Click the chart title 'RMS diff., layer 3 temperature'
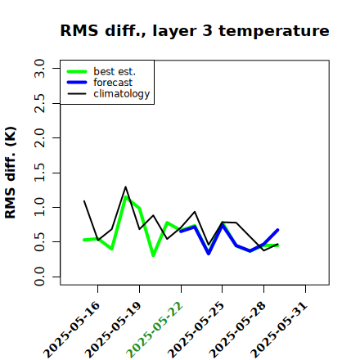195,30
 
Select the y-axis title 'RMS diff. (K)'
11,173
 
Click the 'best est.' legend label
115,71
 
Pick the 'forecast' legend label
113,83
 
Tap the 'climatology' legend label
122,94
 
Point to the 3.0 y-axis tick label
39,68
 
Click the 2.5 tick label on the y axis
39,103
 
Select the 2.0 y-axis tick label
39,137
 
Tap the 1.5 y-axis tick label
39,173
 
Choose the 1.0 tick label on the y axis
39,207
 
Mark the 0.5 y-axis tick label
39,242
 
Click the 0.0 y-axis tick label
39,277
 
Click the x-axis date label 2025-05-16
71,330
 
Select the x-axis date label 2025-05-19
113,330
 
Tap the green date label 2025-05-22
155,330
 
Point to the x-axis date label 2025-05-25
196,330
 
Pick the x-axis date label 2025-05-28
237,330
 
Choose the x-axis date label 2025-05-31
279,330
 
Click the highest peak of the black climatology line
125,187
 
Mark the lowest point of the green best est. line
153,255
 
